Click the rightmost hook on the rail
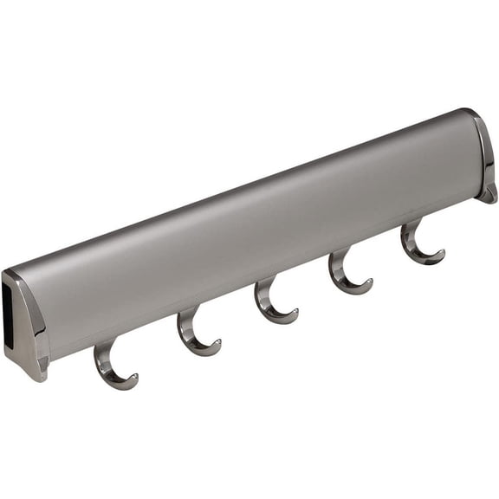(x=418, y=243)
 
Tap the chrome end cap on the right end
(x=486, y=156)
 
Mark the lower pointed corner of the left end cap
(x=38, y=374)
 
